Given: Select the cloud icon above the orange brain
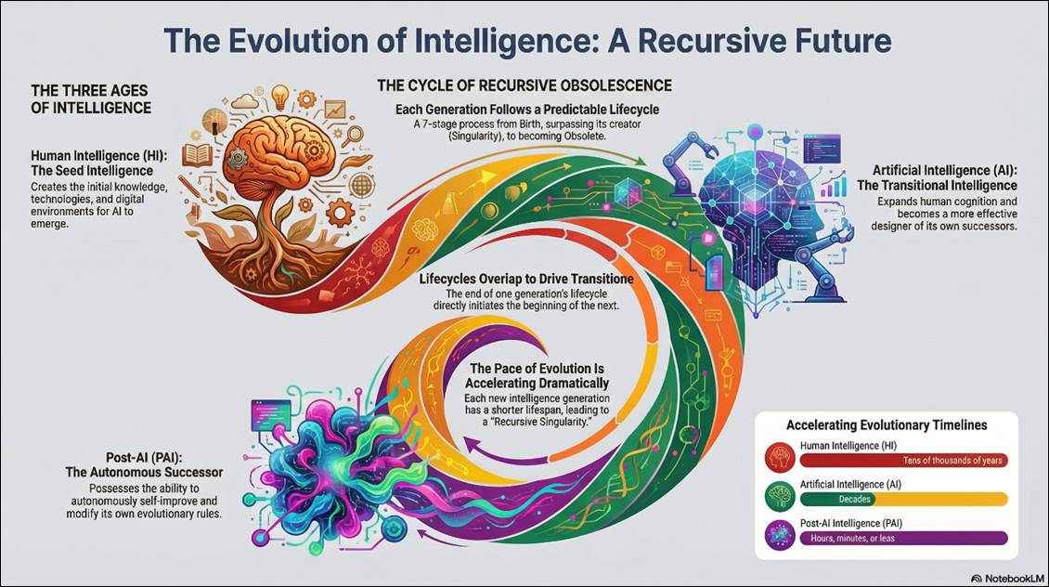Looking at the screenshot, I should point(245,100).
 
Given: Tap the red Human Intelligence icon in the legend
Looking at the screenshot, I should point(778,455).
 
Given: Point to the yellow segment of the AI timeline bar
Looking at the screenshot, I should point(965,499).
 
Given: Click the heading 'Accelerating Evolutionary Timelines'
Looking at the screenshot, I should point(887,425).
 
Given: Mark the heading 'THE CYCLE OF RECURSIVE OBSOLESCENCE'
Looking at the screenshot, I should point(524,85).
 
